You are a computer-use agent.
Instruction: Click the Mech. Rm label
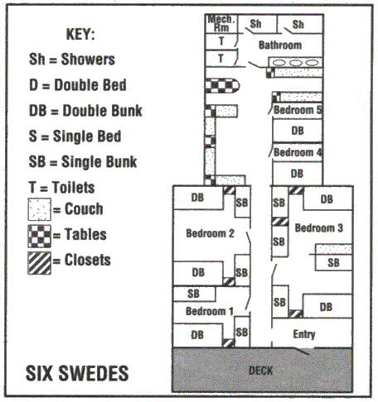click(x=221, y=23)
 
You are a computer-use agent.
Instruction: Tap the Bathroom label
click(x=280, y=45)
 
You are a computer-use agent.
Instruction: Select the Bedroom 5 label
click(x=298, y=110)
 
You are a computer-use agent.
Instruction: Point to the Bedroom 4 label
click(x=298, y=152)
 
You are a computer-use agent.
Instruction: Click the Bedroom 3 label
click(x=319, y=227)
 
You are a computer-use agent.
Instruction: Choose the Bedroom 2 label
click(x=210, y=233)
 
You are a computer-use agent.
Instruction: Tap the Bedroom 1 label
click(x=210, y=311)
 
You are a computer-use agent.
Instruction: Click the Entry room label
click(x=304, y=334)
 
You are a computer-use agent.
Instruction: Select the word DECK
click(x=260, y=371)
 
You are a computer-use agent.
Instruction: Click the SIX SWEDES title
click(x=77, y=373)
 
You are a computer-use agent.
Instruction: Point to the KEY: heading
click(x=80, y=35)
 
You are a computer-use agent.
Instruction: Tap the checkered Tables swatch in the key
click(x=39, y=236)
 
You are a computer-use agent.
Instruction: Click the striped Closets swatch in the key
click(x=39, y=263)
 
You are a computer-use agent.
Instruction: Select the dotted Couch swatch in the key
click(x=39, y=209)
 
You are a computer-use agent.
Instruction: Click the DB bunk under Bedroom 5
click(x=298, y=131)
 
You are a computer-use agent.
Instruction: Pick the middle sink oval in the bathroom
click(x=296, y=63)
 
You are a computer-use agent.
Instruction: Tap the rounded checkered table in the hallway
click(x=222, y=86)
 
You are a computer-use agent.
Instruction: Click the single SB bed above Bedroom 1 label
click(x=194, y=294)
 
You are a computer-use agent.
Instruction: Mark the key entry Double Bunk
click(x=85, y=111)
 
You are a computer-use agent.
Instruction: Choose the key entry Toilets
click(x=61, y=188)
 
